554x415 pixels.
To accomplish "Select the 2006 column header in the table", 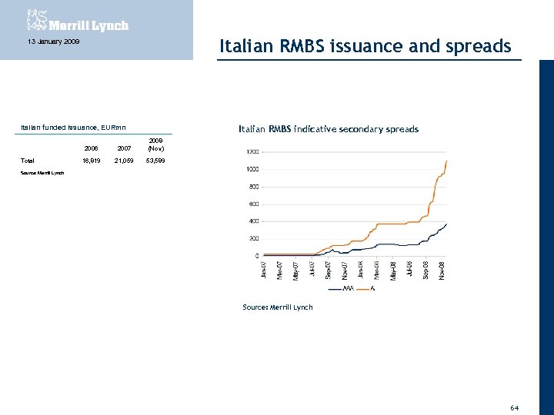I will (x=91, y=148).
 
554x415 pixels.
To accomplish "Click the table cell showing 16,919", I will (x=90, y=161).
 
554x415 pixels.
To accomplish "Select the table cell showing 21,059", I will (x=123, y=161).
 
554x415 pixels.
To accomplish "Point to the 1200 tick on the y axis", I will (x=252, y=151).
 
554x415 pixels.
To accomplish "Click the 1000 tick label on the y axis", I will (x=252, y=169).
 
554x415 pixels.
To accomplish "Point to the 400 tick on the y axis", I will (x=253, y=221).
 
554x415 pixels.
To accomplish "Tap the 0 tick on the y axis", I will (x=257, y=256).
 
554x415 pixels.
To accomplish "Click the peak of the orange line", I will (x=446, y=161).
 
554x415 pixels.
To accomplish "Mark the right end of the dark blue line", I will (x=446, y=224).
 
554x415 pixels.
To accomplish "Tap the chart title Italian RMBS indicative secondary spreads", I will (x=329, y=129).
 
